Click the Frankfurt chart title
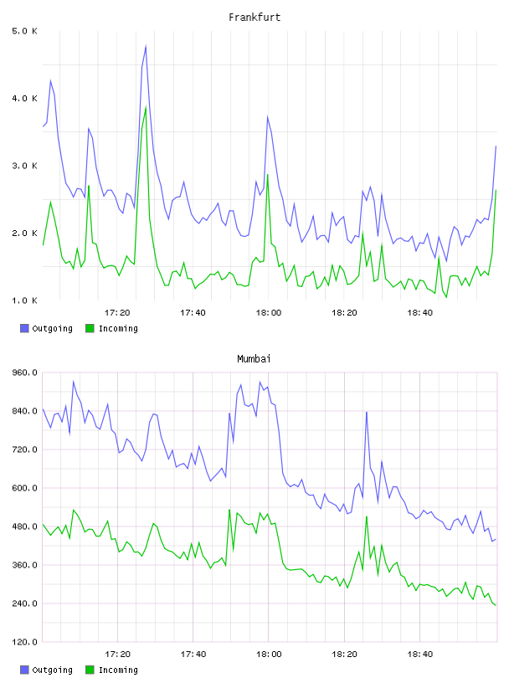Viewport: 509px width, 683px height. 254,18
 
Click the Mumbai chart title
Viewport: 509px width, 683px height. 254,359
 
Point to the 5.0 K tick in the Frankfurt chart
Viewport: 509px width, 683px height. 24,31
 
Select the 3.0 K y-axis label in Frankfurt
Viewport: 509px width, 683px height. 24,166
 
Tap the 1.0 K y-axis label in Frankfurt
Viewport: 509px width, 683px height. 24,300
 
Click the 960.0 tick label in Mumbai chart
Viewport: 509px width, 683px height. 24,372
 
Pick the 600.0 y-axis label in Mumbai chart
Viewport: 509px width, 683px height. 24,488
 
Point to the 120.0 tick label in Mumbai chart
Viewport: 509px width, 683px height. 24,642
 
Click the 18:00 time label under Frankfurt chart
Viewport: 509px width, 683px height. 269,313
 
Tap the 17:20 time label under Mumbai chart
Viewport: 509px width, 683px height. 117,655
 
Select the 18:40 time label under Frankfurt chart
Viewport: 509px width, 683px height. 419,313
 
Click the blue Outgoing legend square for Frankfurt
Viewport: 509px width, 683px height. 24,328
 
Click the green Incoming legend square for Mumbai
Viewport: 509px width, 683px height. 90,670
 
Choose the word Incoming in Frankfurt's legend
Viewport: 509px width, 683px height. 118,329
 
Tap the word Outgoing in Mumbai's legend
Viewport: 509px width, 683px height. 52,670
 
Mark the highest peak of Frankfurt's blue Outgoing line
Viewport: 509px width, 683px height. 146,46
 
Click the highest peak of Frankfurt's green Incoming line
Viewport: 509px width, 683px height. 146,107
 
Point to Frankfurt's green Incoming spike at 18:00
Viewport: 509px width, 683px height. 268,175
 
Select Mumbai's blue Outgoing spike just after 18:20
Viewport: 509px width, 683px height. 367,412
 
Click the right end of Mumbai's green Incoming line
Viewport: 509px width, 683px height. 496,605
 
